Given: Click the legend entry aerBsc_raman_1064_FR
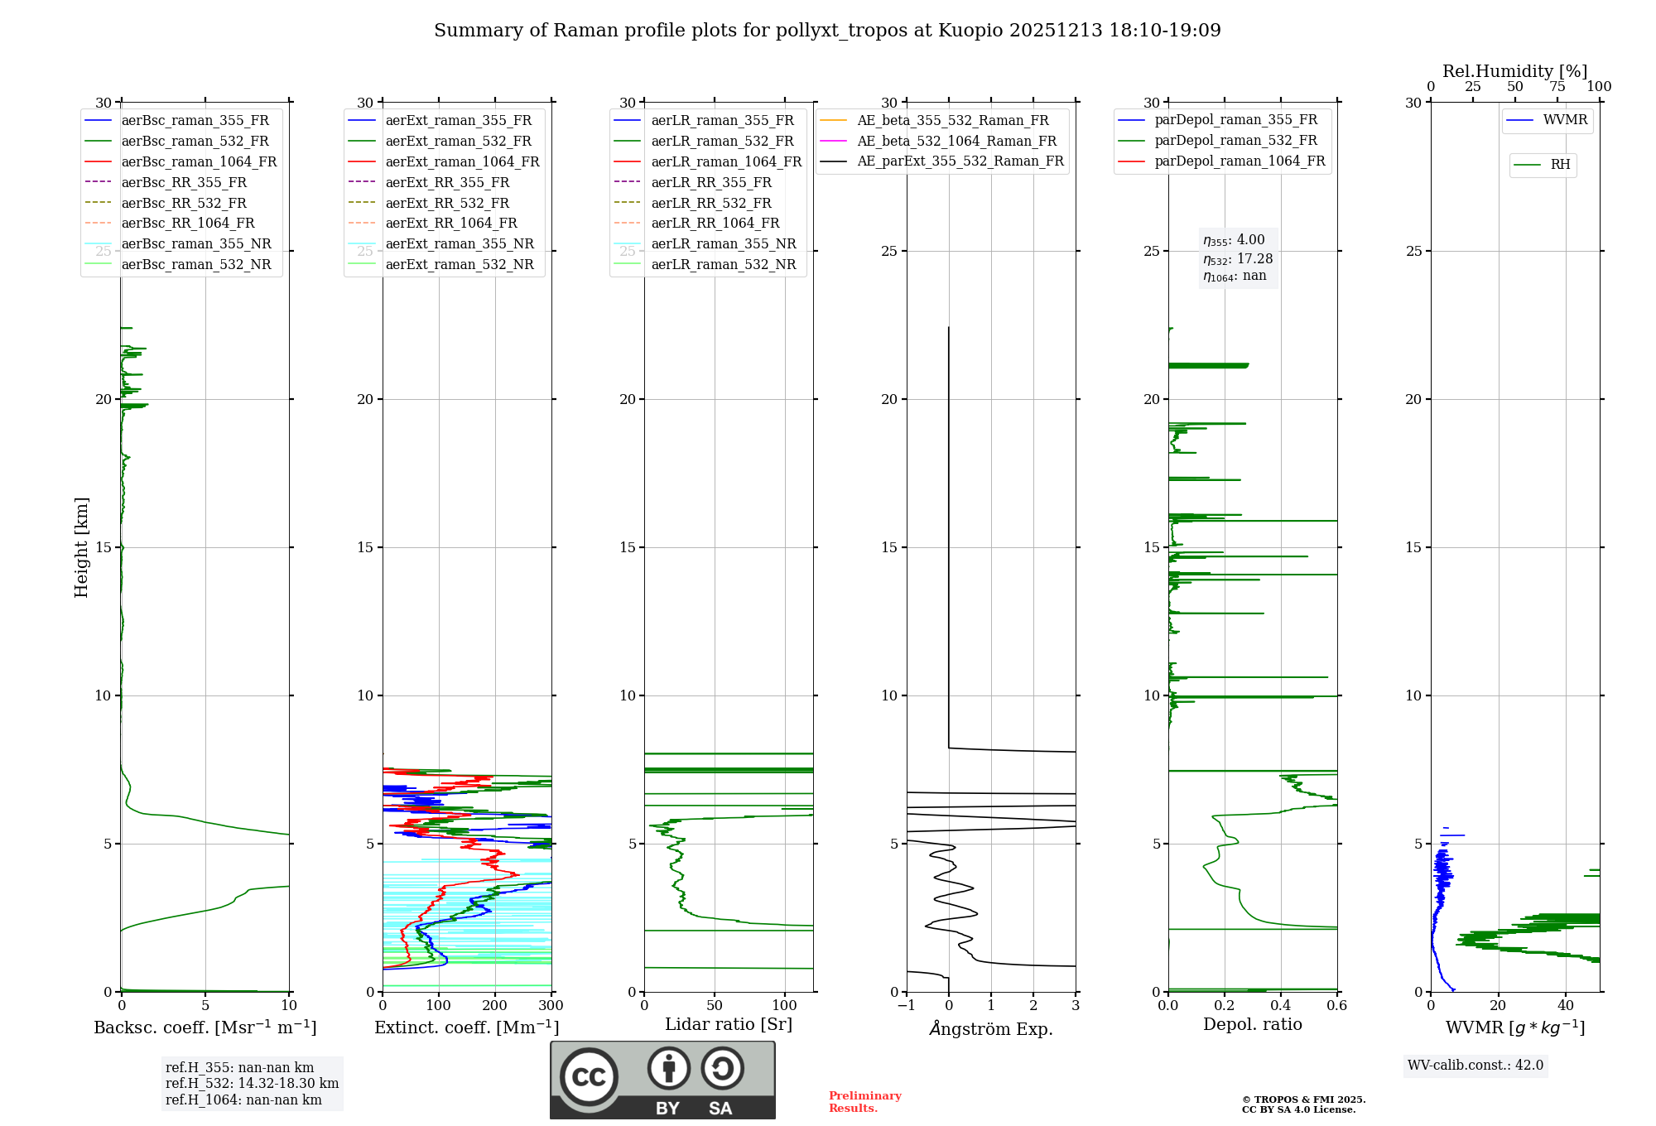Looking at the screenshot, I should [199, 161].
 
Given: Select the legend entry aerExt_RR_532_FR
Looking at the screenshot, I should [447, 203].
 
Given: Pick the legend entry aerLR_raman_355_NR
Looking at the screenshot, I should [723, 243].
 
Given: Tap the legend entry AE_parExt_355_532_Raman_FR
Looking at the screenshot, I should [960, 161].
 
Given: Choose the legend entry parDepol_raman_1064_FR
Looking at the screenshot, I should [1240, 161].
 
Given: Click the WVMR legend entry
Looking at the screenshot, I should [1565, 120].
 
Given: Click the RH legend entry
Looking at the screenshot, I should [1560, 165].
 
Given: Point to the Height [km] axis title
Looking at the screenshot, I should [81, 547].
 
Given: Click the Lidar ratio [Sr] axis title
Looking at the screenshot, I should [729, 1024].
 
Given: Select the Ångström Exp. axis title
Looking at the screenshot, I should [991, 1028].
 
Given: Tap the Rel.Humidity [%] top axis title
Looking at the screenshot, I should [1514, 71].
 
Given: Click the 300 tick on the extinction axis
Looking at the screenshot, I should [551, 1006].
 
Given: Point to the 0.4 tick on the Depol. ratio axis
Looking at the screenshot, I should [1280, 1006].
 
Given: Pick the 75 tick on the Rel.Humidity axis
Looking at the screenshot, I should [1557, 87].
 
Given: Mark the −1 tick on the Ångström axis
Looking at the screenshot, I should [906, 1006].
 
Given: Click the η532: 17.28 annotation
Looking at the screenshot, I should [1238, 259].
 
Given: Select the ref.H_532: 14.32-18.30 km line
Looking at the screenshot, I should [252, 1083].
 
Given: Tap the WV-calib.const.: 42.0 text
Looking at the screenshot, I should [1475, 1065].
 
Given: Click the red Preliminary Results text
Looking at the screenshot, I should [864, 1102].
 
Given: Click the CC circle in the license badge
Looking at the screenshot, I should [589, 1077].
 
